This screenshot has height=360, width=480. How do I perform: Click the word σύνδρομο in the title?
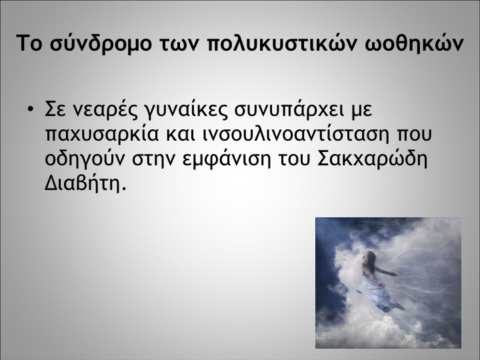point(101,43)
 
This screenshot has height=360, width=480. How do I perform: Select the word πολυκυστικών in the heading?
point(282,43)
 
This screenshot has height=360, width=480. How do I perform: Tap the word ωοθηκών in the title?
point(415,43)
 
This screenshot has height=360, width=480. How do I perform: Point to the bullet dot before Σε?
point(30,109)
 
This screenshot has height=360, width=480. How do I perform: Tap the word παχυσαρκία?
point(102,134)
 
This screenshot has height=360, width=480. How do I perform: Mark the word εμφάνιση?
point(227,159)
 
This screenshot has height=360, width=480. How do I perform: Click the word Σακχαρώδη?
point(372,159)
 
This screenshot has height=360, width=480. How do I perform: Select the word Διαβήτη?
point(85,183)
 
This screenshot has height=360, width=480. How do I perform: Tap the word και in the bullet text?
point(181,134)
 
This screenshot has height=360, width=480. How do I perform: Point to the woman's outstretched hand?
point(393,274)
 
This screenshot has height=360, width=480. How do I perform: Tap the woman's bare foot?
point(399,306)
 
